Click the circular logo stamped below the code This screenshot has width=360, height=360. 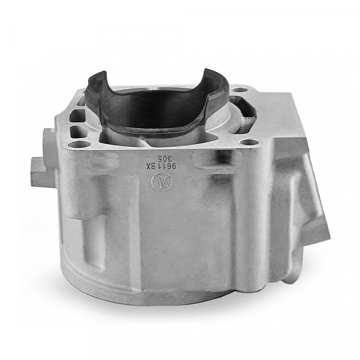point(158,181)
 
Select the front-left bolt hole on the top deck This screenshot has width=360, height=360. point(74,144)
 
